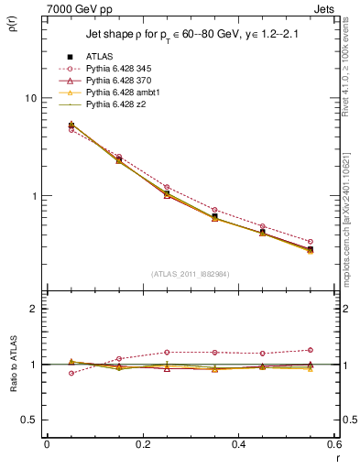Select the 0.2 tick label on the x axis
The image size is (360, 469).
point(142,444)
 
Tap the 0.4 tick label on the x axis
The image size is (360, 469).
point(238,444)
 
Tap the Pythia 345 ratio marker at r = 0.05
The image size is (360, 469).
point(71,373)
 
